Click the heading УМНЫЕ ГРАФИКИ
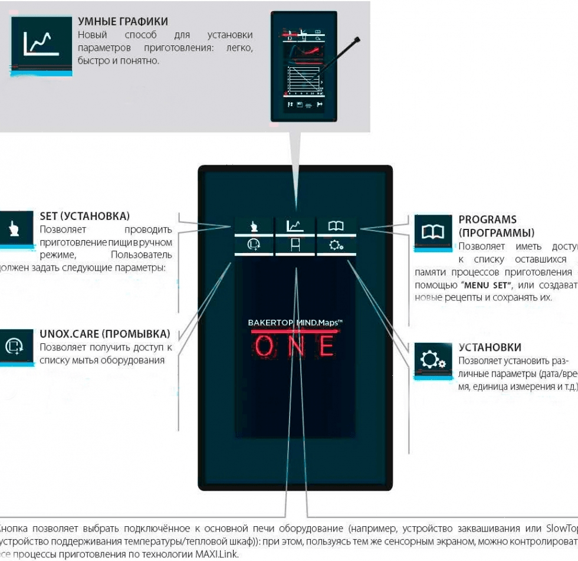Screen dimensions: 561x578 123,22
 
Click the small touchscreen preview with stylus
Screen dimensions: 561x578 303,66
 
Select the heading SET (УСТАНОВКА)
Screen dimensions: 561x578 84,216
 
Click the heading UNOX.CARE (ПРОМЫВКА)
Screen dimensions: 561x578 104,334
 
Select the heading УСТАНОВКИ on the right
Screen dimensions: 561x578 490,347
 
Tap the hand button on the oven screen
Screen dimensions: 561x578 254,225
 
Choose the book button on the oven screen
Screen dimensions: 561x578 336,225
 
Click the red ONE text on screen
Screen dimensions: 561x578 295,347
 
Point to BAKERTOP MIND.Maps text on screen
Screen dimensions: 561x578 295,323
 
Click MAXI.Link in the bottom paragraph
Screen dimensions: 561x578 217,555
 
